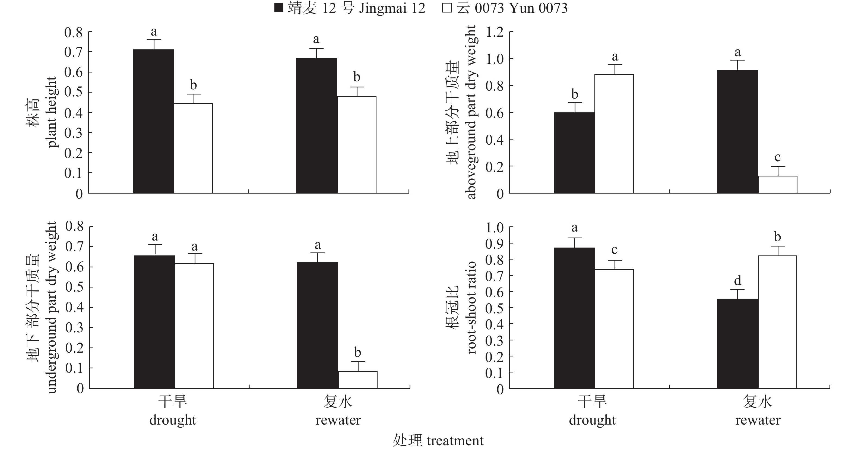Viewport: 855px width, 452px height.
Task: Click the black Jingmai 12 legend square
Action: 278,8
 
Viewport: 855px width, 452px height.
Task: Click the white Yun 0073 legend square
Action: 447,8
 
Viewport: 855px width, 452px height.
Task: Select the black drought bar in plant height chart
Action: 153,121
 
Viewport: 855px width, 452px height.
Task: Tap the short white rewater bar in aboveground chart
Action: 777,185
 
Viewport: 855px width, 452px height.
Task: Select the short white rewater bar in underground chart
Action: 357,379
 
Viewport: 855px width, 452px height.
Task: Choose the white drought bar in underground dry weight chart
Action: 194,325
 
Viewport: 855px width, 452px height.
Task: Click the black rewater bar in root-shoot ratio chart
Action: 737,343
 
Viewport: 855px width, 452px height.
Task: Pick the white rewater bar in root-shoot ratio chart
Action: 777,322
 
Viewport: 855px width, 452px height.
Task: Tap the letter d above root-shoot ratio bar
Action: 737,281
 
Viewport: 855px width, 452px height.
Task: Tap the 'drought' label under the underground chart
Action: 173,420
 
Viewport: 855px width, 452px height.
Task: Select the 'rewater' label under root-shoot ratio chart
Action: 758,420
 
